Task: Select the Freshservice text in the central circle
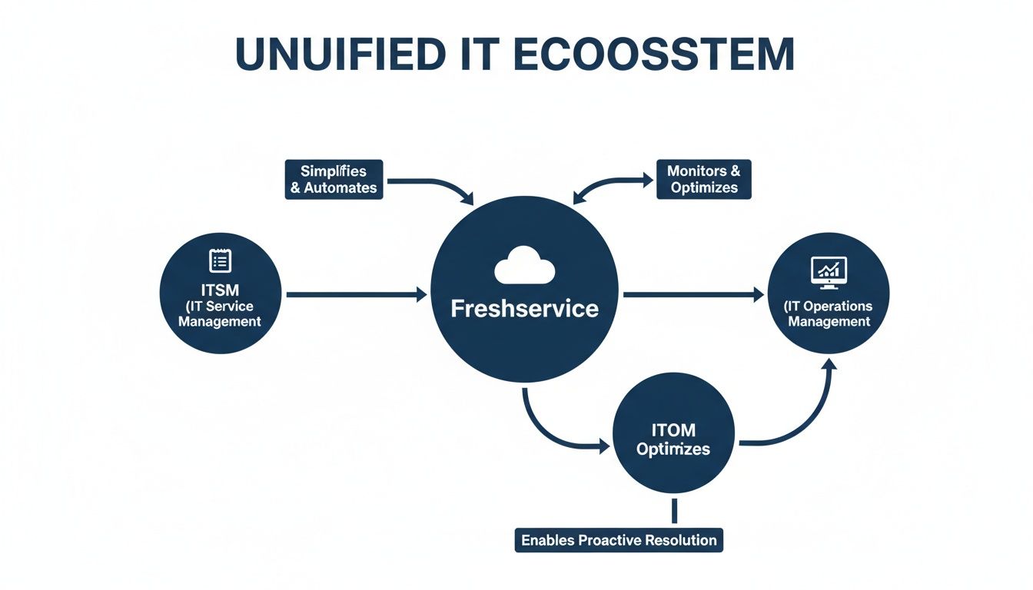[524, 309]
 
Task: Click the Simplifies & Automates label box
[334, 179]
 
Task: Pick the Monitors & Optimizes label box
[703, 179]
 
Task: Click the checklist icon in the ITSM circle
[220, 260]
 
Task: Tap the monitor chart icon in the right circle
[829, 270]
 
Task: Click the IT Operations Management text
[829, 313]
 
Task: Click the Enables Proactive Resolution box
[619, 540]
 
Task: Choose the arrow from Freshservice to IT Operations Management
[692, 294]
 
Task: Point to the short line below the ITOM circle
[673, 510]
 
